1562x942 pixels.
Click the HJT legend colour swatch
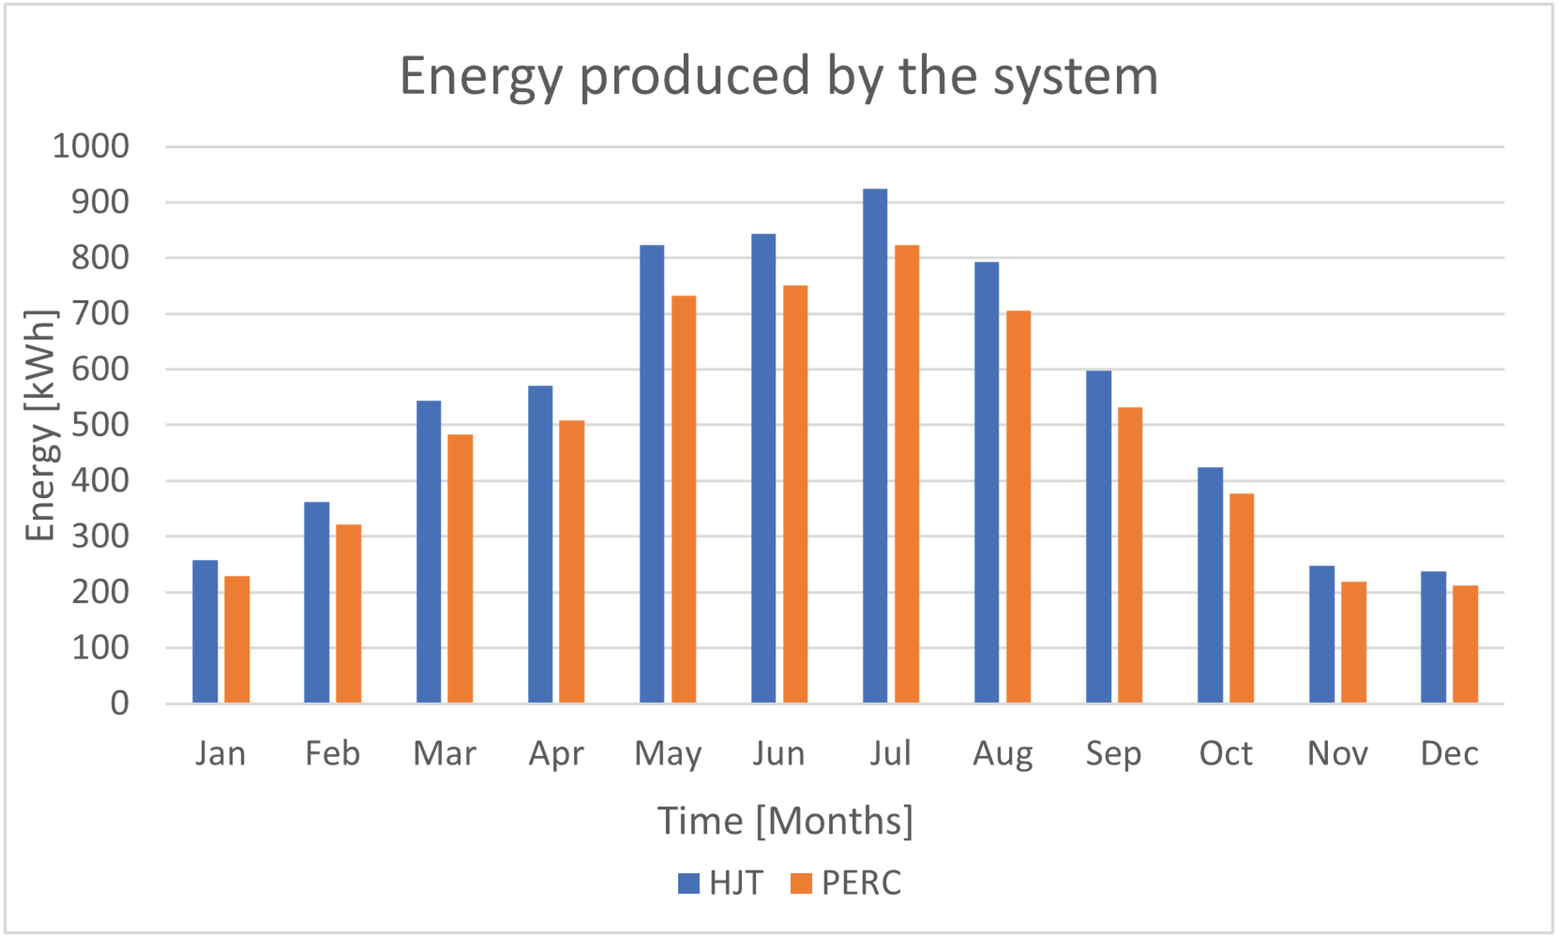coord(688,883)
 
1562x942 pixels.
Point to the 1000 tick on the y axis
coord(91,146)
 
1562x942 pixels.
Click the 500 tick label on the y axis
coord(100,425)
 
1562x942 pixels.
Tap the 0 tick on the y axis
coord(119,704)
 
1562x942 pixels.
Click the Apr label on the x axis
coord(556,754)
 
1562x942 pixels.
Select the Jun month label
coord(779,754)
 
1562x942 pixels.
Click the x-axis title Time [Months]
coord(785,821)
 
